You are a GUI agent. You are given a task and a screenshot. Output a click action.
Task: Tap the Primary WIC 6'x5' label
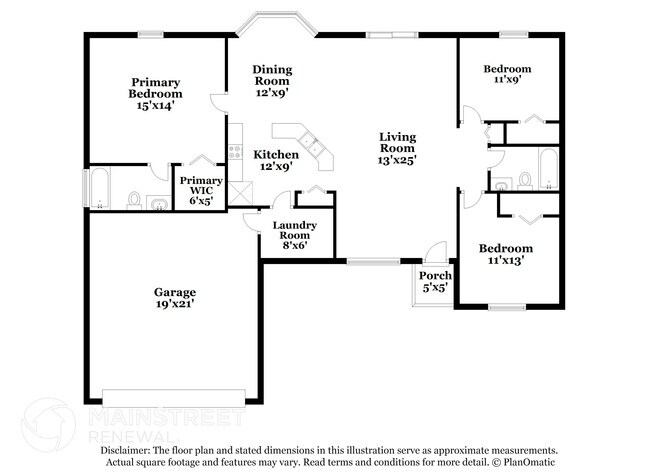coord(201,191)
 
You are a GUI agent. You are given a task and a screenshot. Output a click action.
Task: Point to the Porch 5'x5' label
coord(435,281)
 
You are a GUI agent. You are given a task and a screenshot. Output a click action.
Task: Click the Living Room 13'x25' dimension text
coord(397,160)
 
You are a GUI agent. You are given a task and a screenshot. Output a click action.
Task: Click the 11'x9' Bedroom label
coord(507,74)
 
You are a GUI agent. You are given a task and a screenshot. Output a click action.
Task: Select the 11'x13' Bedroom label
coord(506,254)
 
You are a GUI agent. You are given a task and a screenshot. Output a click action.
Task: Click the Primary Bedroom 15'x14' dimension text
coord(155,106)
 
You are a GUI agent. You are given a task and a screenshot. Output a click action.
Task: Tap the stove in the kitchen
coord(235,152)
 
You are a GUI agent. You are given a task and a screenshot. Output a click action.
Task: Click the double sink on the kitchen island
coord(311,141)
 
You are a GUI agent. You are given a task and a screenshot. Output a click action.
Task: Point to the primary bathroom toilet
coord(134,200)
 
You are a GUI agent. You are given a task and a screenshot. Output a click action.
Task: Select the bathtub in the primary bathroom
coord(99,188)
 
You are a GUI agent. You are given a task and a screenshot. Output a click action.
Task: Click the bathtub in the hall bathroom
coord(548,169)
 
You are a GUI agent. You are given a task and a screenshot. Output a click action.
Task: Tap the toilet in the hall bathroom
coord(525,181)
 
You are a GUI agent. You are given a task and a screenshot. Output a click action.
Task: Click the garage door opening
coord(174,398)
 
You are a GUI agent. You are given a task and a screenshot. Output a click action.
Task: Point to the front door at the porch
coord(436,250)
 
